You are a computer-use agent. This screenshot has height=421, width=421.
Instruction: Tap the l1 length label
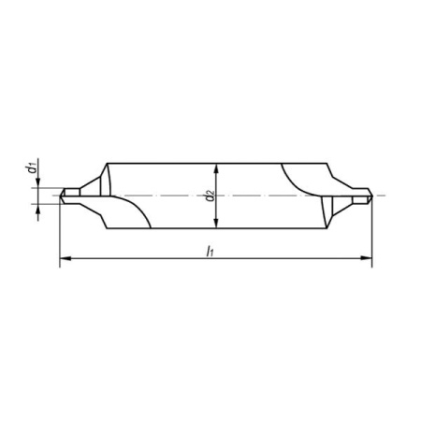pos(210,251)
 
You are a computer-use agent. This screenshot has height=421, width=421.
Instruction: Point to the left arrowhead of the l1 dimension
pos(65,258)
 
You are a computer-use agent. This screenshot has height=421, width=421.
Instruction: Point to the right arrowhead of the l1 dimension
pos(367,258)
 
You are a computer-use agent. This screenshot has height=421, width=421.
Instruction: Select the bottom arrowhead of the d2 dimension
pos(216,223)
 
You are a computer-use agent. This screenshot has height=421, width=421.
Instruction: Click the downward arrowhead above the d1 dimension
pos(38,182)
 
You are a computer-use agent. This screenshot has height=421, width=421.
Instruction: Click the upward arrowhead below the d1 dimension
pos(38,210)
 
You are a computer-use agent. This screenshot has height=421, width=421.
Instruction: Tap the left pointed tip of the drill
pos(60,196)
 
